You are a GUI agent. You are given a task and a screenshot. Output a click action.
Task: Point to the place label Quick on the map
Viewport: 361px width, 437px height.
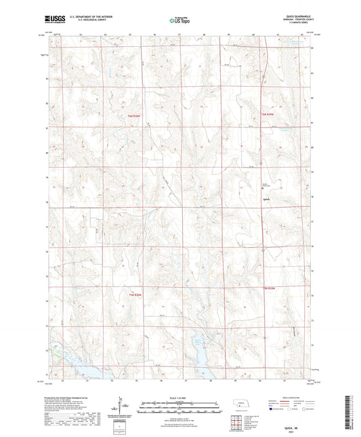click(266, 199)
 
